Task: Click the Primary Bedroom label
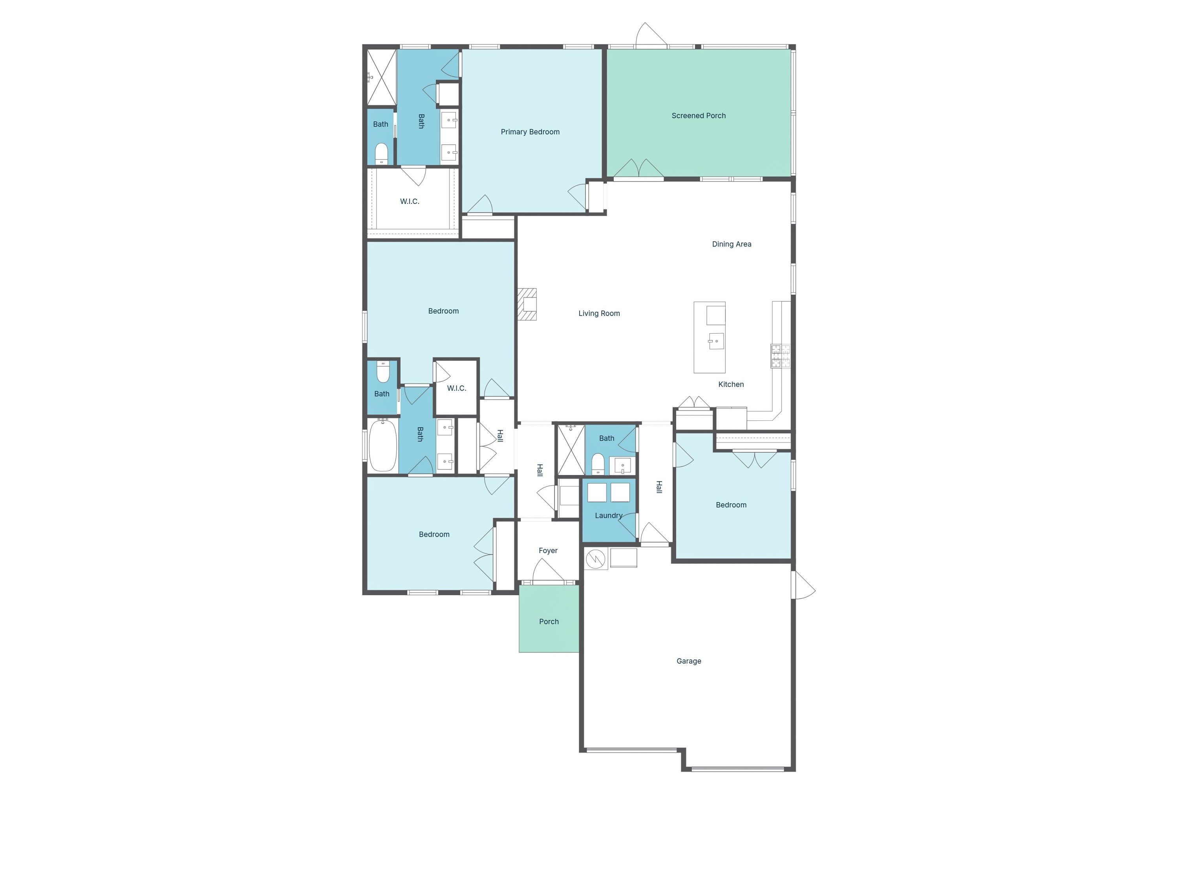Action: click(x=530, y=132)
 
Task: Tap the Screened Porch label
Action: click(x=698, y=116)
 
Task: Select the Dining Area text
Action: click(x=731, y=244)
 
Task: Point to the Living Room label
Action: click(x=599, y=313)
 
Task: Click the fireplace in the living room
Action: click(x=528, y=304)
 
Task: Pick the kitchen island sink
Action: click(x=716, y=341)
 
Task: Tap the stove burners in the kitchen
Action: click(x=781, y=356)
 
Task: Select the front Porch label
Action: click(x=549, y=621)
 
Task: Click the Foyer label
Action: click(x=548, y=550)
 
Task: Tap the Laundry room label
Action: click(x=609, y=515)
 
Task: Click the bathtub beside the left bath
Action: click(x=383, y=446)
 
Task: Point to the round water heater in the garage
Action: click(x=595, y=559)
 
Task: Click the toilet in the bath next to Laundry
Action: click(x=598, y=463)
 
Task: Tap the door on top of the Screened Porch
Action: click(x=651, y=35)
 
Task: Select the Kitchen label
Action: click(x=731, y=384)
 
